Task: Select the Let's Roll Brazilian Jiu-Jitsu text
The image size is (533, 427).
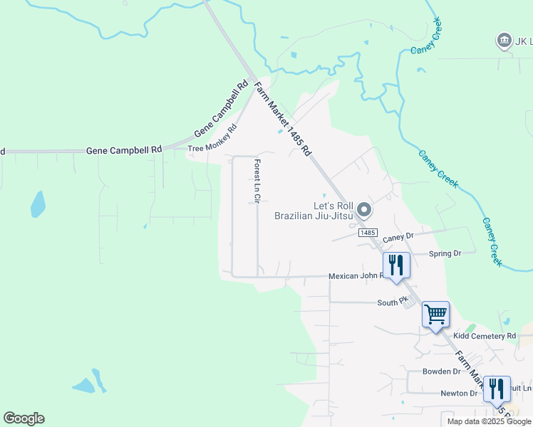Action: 314,210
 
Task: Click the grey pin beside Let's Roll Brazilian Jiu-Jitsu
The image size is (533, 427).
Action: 364,209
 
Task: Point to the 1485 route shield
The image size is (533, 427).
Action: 367,233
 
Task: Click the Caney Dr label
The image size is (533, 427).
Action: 398,237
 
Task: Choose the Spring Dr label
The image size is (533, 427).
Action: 445,253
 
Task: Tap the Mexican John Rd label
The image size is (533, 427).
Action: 355,276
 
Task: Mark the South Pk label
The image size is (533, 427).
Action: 391,302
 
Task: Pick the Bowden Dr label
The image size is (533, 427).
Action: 441,371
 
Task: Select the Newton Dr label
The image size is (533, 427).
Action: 458,394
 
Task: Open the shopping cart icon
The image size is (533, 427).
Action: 435,314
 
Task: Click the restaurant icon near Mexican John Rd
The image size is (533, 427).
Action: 395,265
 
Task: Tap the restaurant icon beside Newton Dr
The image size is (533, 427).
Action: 497,389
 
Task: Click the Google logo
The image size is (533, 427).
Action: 24,418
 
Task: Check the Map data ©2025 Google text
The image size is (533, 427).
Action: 488,421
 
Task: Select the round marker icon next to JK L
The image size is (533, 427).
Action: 504,41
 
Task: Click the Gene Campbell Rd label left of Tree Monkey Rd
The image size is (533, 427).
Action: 124,150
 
